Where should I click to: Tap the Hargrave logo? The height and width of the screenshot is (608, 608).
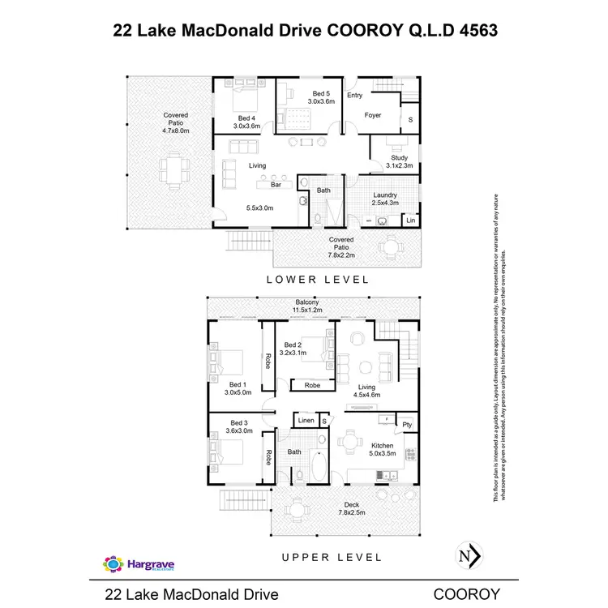138,563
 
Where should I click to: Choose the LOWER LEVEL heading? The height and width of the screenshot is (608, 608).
319,279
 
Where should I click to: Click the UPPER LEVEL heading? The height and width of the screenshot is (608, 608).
332,557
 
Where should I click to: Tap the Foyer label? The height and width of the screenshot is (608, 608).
373,115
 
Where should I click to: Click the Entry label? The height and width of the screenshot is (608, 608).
355,96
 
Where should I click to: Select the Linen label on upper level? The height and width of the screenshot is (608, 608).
306,421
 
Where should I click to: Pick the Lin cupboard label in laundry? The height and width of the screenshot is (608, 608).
411,221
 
